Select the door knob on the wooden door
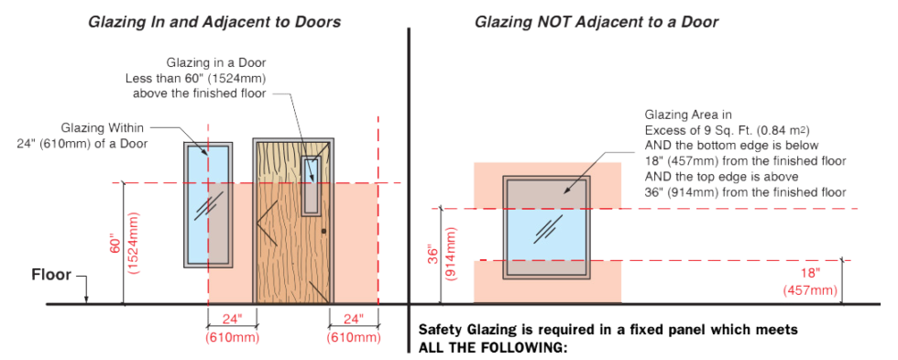323,230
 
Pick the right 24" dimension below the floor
353,319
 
